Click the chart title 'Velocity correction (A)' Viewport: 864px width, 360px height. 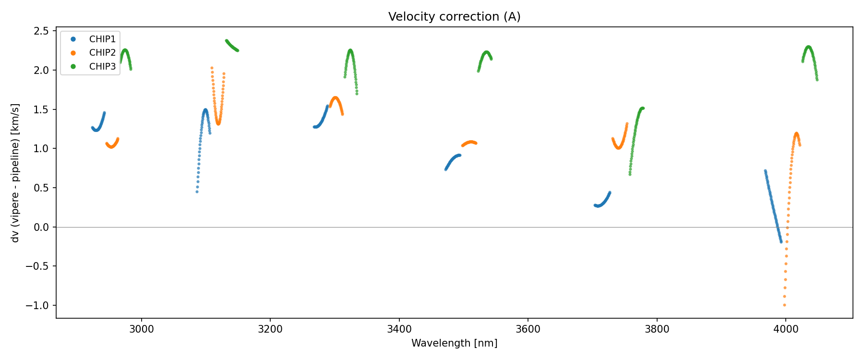click(x=454, y=17)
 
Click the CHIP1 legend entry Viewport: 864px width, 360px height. click(x=102, y=39)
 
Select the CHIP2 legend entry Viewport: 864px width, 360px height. click(x=102, y=53)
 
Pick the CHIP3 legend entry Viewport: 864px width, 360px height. click(x=102, y=67)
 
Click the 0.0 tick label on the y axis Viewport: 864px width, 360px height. click(x=42, y=227)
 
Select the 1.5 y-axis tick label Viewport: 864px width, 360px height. click(x=42, y=109)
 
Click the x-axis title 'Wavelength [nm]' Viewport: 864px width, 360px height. click(x=454, y=343)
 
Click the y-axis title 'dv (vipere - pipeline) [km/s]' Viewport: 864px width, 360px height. click(x=15, y=173)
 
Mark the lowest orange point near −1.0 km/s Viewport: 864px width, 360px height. click(x=784, y=305)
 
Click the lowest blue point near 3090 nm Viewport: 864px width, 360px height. click(x=197, y=192)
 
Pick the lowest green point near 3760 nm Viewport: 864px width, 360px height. click(x=630, y=174)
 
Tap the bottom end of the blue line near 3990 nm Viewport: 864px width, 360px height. click(x=781, y=241)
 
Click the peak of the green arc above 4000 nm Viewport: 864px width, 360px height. click(x=808, y=47)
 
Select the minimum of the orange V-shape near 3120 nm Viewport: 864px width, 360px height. click(x=218, y=123)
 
